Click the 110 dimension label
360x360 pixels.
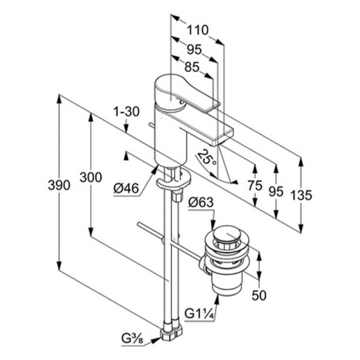pos(197,30)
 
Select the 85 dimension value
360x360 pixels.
pos(192,67)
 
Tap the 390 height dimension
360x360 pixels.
pos(59,185)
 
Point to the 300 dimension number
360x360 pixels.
pos(91,177)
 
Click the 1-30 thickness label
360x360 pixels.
pos(127,112)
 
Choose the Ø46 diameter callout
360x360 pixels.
pos(126,189)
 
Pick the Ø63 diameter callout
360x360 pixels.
pos(201,203)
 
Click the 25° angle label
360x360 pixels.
pos(207,157)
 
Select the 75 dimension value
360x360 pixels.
pos(255,185)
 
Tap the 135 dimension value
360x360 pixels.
pos(301,196)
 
